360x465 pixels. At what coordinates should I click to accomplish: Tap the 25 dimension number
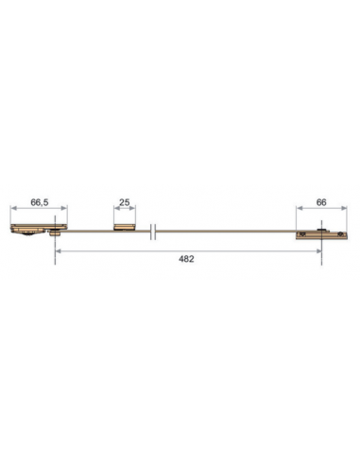[x=123, y=202]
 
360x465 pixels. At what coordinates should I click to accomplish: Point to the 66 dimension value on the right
[x=321, y=202]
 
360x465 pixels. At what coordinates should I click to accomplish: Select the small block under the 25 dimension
[x=123, y=227]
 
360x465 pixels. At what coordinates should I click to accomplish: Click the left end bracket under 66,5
[x=36, y=228]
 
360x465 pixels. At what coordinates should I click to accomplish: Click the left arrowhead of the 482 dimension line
[x=57, y=250]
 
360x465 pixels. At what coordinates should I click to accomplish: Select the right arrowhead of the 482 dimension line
[x=321, y=250]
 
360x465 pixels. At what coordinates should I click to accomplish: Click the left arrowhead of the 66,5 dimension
[x=12, y=211]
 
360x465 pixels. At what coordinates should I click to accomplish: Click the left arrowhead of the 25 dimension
[x=113, y=211]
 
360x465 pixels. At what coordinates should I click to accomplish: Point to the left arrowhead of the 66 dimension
[x=298, y=211]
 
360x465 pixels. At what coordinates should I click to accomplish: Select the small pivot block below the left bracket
[x=57, y=236]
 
